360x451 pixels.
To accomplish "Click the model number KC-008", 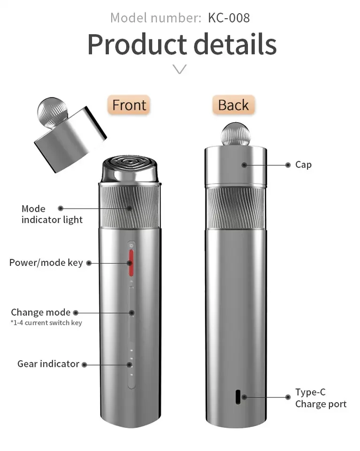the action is [229, 18].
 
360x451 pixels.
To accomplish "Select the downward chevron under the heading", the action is [180, 69].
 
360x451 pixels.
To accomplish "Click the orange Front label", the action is [129, 105].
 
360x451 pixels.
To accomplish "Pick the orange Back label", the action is [233, 105].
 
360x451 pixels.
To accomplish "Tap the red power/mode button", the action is [131, 263].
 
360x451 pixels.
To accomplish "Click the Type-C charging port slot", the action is [238, 397].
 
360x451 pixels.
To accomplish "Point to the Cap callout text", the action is [303, 165].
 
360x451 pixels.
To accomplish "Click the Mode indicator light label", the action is [52, 214].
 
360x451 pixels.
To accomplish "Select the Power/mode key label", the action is [46, 263].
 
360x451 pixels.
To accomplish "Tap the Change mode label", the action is [40, 312].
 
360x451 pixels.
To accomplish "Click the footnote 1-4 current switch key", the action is [46, 323].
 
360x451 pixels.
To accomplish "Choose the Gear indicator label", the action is [48, 364].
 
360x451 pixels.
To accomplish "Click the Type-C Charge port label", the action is [321, 398].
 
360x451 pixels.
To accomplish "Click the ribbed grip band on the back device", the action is [236, 208].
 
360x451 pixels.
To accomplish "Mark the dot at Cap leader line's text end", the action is [288, 165].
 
